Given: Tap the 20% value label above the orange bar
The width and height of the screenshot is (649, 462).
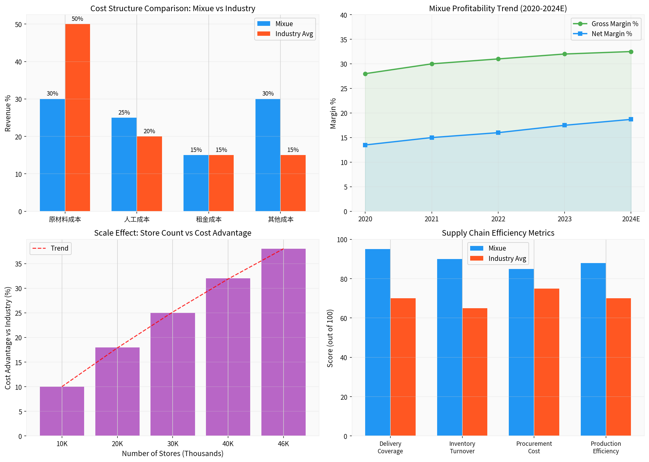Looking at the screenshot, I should coord(149,131).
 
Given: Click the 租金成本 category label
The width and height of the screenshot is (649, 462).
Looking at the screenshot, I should coord(208,219).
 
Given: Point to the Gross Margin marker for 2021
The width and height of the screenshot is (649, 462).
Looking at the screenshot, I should coord(432,64).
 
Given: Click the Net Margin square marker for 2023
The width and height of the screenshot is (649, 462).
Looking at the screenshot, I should coord(565,125).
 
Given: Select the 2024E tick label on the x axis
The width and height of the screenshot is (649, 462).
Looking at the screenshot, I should coord(631,219).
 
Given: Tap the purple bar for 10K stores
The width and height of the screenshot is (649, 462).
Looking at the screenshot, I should coord(62,411).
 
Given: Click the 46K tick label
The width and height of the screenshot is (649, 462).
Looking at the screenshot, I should coord(283,444).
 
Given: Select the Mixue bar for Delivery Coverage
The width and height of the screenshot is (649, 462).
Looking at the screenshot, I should coord(378,342).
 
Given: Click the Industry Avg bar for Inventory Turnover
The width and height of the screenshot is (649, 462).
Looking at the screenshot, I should coord(475,372).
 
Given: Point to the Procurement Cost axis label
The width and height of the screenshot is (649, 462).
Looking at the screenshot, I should coord(534,447).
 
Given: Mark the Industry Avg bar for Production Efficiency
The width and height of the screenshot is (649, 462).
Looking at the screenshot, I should coord(618,367).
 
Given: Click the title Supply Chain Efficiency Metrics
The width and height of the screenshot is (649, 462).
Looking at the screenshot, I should coord(498,233).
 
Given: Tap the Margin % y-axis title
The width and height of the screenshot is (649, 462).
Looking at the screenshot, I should coord(333,113).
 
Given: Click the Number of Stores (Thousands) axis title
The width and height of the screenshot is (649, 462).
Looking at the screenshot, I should coord(173,454).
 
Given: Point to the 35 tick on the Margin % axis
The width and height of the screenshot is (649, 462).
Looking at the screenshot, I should coord(344,40).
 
